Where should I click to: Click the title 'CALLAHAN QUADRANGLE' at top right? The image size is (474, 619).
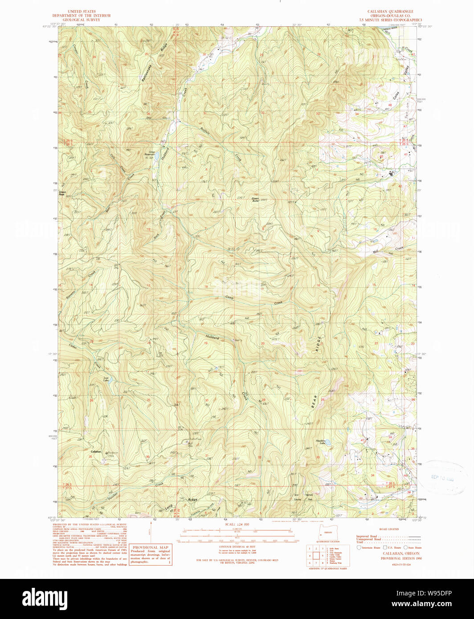point(384,11)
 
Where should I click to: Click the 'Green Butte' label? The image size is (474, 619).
point(255,200)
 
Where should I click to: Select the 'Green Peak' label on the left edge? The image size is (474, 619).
point(62,193)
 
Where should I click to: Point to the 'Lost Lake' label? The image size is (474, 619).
point(106,379)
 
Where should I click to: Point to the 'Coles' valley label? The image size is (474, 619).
point(396,94)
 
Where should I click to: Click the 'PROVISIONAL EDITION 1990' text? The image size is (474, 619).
point(400,558)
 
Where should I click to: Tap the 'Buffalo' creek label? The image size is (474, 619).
point(206,132)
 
